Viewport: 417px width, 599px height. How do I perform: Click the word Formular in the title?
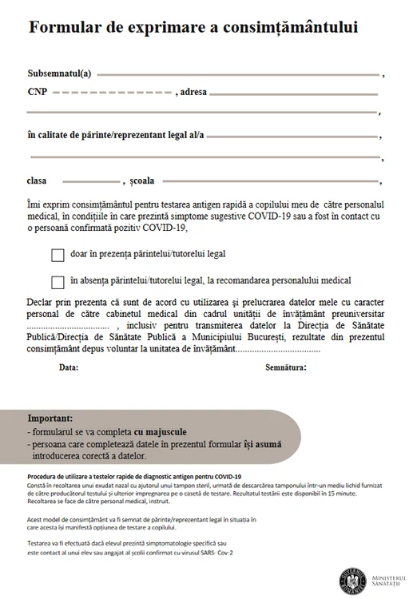point(66,27)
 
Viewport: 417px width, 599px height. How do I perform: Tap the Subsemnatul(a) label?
point(59,73)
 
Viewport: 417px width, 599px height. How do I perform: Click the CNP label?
point(37,92)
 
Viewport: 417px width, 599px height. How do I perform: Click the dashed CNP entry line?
point(111,93)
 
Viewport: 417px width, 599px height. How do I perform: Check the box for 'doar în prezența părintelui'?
point(58,256)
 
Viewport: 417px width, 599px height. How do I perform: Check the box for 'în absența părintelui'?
point(58,282)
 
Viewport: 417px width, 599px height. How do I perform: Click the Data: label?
point(69,368)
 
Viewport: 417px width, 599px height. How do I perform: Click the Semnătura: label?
point(286,368)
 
